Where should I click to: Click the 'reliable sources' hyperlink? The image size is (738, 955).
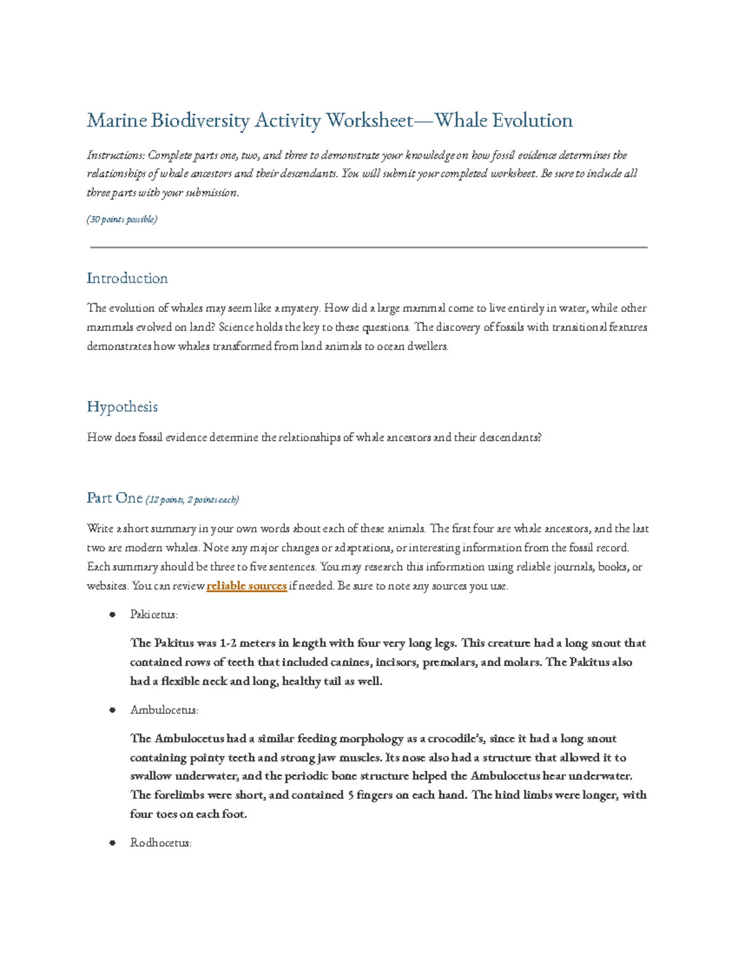[x=247, y=586]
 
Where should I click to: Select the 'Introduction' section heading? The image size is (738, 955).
[x=127, y=279]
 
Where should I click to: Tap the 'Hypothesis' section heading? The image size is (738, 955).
[x=122, y=407]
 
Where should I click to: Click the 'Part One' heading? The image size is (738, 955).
[x=114, y=498]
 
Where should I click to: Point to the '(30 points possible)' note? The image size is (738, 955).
[x=122, y=220]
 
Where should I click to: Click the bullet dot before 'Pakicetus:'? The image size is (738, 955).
[x=113, y=614]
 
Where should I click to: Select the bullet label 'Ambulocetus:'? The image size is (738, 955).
[x=164, y=710]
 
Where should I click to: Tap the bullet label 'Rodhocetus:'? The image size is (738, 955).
[x=161, y=843]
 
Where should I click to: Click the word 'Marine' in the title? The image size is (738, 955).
[x=116, y=121]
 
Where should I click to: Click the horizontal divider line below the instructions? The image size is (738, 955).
[x=368, y=247]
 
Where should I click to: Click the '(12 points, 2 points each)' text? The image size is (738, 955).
[x=192, y=500]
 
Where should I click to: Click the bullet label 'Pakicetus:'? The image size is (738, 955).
[x=154, y=614]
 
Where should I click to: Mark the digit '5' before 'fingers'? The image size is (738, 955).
[x=350, y=795]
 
